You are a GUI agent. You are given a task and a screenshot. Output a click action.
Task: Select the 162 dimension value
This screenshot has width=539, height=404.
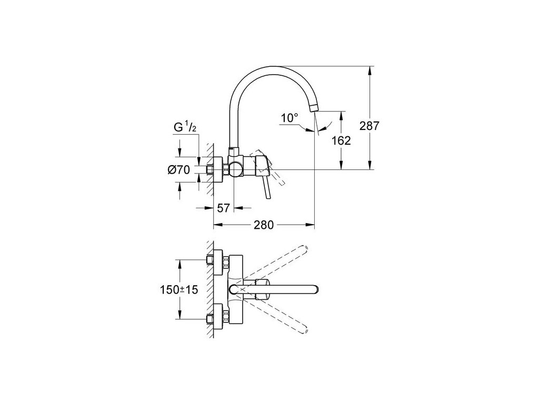[342, 140]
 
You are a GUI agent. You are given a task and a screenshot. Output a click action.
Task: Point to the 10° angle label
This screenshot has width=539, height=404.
[289, 118]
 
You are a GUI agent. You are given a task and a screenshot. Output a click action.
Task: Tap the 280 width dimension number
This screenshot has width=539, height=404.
[264, 225]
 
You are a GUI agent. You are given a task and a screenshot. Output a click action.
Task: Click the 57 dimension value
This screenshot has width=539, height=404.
[223, 208]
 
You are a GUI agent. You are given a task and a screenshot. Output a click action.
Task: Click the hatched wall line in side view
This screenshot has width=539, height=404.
[211, 163]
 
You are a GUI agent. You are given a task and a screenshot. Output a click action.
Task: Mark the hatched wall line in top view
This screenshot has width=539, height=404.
[211, 289]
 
